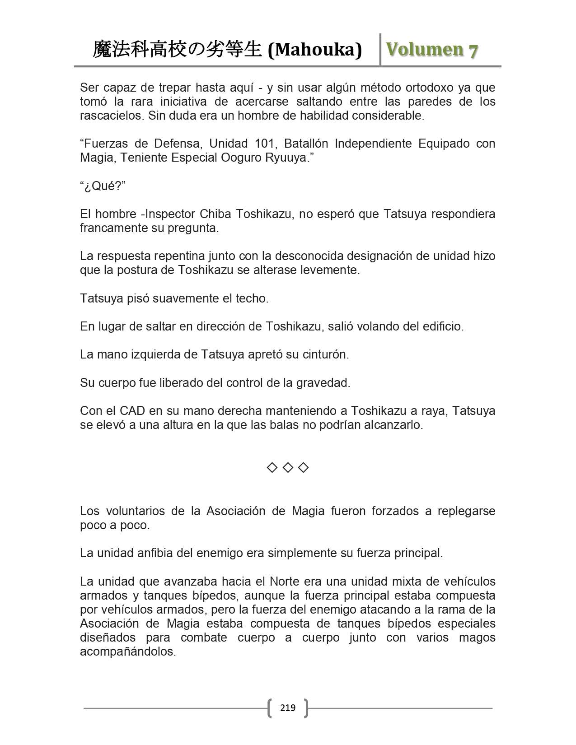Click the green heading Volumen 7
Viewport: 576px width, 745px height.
coord(432,50)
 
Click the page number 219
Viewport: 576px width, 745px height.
coord(288,708)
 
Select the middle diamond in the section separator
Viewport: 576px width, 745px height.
coord(288,468)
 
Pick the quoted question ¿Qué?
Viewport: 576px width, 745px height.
coord(103,186)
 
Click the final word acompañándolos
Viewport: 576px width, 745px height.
coord(127,652)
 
